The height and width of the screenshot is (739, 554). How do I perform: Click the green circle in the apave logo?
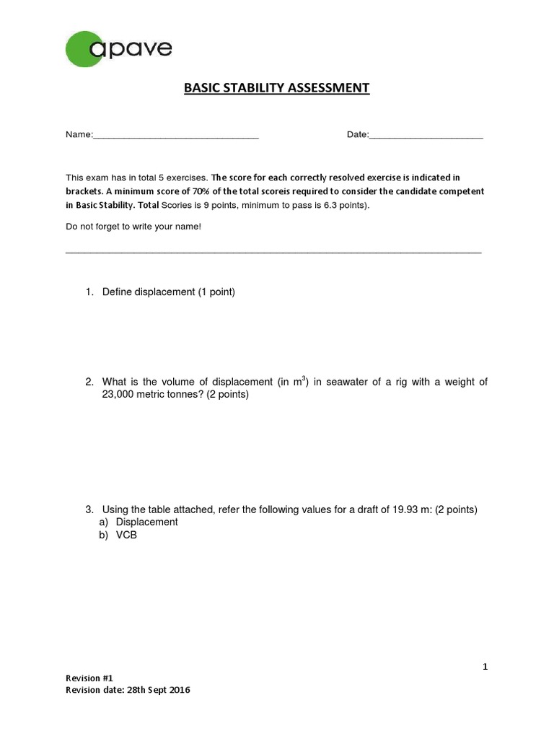click(84, 49)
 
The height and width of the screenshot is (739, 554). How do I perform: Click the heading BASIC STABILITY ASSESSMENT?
click(276, 88)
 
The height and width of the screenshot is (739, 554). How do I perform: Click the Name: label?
click(79, 135)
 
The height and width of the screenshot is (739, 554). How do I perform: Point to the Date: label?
click(357, 135)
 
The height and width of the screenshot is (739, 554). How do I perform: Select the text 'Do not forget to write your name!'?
click(133, 227)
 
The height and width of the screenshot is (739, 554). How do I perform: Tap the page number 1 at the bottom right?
click(485, 667)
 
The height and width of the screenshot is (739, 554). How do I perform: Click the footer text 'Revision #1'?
click(90, 678)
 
